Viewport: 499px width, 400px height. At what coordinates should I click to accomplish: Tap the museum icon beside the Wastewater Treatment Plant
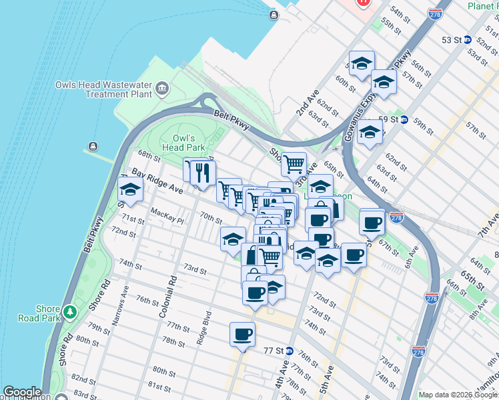161,88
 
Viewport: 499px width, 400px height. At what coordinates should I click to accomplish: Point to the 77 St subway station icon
289,351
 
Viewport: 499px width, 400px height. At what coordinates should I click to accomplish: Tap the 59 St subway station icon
404,119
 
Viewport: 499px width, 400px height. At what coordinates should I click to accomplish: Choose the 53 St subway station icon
468,40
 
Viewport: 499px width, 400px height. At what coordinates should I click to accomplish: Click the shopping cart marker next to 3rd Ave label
294,163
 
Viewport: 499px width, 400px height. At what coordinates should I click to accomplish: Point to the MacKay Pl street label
167,213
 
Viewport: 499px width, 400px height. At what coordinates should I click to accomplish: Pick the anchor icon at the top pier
272,15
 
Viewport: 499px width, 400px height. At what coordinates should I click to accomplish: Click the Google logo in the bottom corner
22,392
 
